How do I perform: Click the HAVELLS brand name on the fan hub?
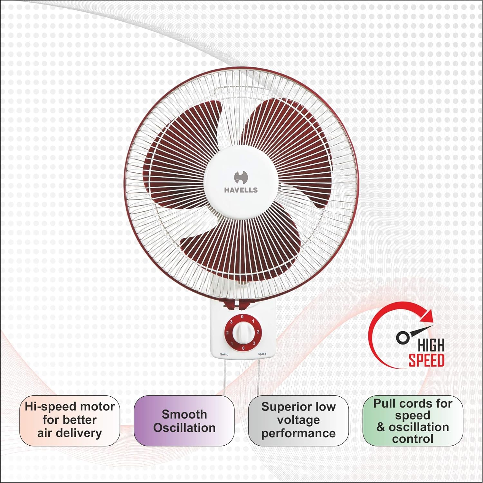click(241, 190)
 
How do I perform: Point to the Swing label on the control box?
click(224, 354)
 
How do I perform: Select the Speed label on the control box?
click(262, 354)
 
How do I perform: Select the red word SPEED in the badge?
click(427, 360)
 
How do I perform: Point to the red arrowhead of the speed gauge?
click(428, 314)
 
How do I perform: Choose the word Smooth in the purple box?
click(184, 414)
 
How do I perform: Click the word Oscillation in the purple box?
click(184, 428)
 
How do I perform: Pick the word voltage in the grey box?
click(298, 420)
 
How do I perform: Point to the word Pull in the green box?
click(384, 403)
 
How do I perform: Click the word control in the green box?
click(412, 439)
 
